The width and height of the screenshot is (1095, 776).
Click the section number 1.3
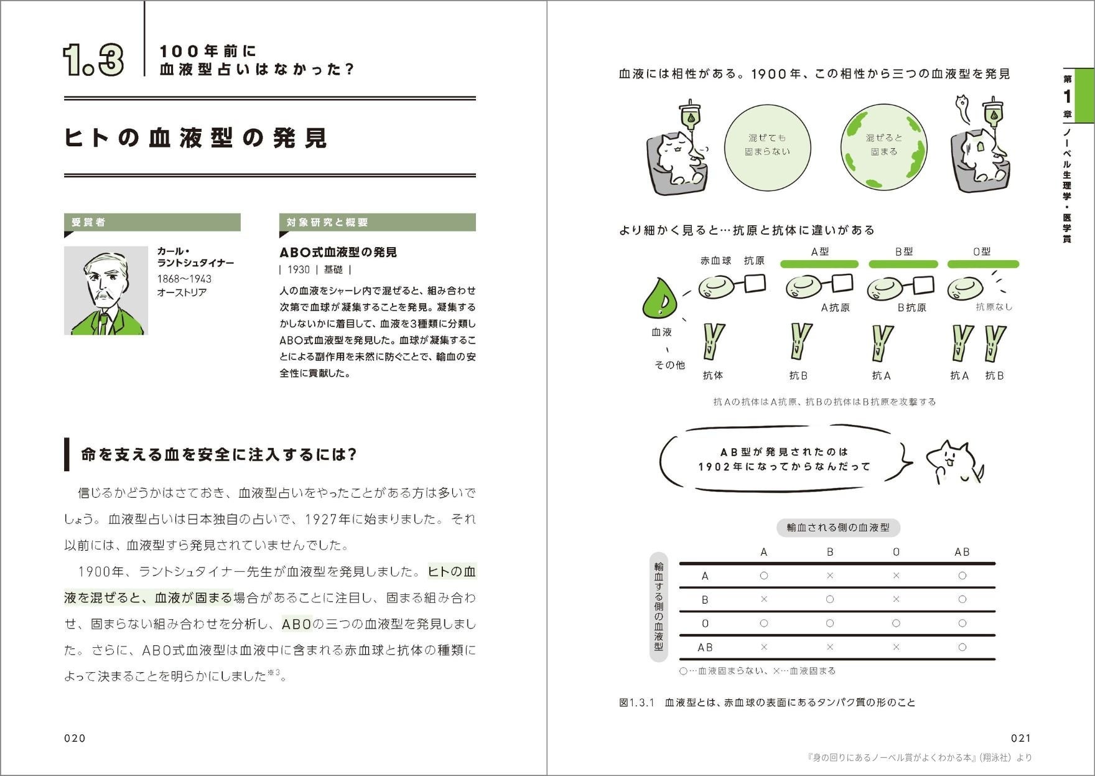tap(93, 60)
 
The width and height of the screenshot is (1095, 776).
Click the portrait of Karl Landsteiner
tap(106, 291)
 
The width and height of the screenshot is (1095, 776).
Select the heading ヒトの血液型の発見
tap(195, 138)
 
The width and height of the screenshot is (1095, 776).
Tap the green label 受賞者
tap(152, 222)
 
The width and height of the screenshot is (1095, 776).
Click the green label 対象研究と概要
tap(377, 222)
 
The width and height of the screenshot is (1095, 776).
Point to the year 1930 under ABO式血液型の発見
tap(299, 269)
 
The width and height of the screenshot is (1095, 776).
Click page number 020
tap(75, 738)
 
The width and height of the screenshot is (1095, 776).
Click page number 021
tap(1021, 738)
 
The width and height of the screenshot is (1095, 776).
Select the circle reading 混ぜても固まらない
tap(767, 145)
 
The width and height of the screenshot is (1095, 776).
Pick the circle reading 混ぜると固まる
tap(883, 145)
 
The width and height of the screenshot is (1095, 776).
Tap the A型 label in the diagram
tap(820, 251)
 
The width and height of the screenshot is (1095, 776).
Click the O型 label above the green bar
tap(982, 251)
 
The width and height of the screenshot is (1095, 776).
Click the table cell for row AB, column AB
tap(962, 647)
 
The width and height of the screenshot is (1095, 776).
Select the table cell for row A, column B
tap(830, 576)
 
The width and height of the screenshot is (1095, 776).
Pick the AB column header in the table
tap(962, 552)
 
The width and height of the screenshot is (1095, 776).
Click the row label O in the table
tap(705, 624)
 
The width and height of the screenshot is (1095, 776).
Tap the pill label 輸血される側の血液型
tap(838, 528)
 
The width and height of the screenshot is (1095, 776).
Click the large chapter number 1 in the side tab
tap(1067, 96)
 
